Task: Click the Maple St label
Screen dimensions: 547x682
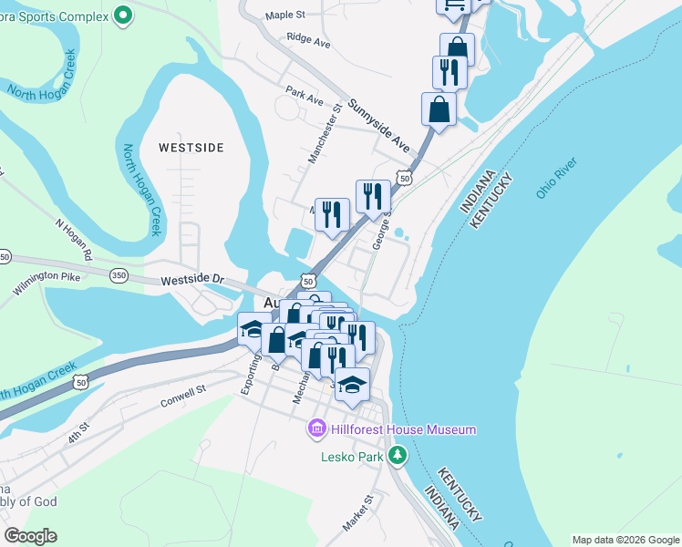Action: point(284,15)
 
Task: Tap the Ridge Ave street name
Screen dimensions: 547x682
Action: point(307,41)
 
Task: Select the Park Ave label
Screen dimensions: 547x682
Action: point(305,93)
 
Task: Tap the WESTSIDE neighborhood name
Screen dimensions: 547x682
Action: point(191,147)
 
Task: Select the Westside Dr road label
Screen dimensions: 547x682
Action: point(192,279)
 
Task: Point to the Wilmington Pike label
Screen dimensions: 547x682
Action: point(47,282)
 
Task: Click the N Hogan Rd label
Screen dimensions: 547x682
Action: point(76,236)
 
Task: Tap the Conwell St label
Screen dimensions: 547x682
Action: point(182,393)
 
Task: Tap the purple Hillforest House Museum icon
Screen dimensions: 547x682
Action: point(317,428)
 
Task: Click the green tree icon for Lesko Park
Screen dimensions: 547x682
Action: point(397,454)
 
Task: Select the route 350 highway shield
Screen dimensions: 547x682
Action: point(119,273)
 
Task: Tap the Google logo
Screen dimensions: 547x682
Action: point(30,536)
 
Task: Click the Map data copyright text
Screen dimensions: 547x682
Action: point(625,540)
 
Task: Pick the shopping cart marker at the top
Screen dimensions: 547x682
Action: point(453,5)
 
